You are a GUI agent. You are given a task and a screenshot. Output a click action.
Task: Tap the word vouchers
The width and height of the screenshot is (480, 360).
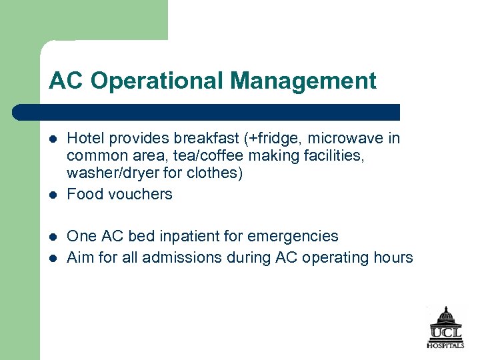(x=141, y=194)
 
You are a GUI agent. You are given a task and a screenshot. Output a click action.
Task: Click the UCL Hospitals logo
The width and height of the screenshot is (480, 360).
(x=445, y=327)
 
